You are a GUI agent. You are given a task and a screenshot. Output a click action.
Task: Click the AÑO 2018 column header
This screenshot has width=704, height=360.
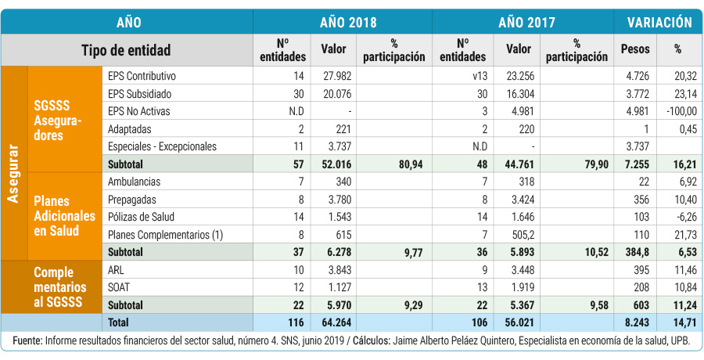tap(342, 22)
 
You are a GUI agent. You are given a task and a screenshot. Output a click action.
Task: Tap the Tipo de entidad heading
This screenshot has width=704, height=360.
tap(126, 50)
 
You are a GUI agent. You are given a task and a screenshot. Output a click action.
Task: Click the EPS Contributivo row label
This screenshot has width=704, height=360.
tap(142, 76)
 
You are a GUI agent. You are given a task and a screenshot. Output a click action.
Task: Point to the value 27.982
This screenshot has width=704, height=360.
tap(337, 76)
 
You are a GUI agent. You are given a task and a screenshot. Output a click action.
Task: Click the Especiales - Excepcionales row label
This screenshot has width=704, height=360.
tap(161, 146)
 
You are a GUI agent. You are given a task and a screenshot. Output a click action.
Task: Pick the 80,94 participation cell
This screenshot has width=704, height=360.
tap(408, 164)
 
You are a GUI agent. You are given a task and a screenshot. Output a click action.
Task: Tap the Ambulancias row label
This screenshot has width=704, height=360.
tap(135, 182)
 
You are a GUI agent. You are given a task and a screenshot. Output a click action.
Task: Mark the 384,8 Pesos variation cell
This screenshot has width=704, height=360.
tap(635, 252)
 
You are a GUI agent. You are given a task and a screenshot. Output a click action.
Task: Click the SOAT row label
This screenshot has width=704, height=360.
tap(119, 286)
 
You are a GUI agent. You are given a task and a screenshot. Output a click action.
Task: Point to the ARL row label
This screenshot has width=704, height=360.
tap(116, 269)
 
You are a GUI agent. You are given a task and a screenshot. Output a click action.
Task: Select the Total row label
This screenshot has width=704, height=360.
tap(119, 322)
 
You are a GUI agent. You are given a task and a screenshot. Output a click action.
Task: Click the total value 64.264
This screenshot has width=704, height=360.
tap(337, 322)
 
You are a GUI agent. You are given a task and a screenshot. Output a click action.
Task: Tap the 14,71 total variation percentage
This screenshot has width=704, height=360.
tap(681, 322)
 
